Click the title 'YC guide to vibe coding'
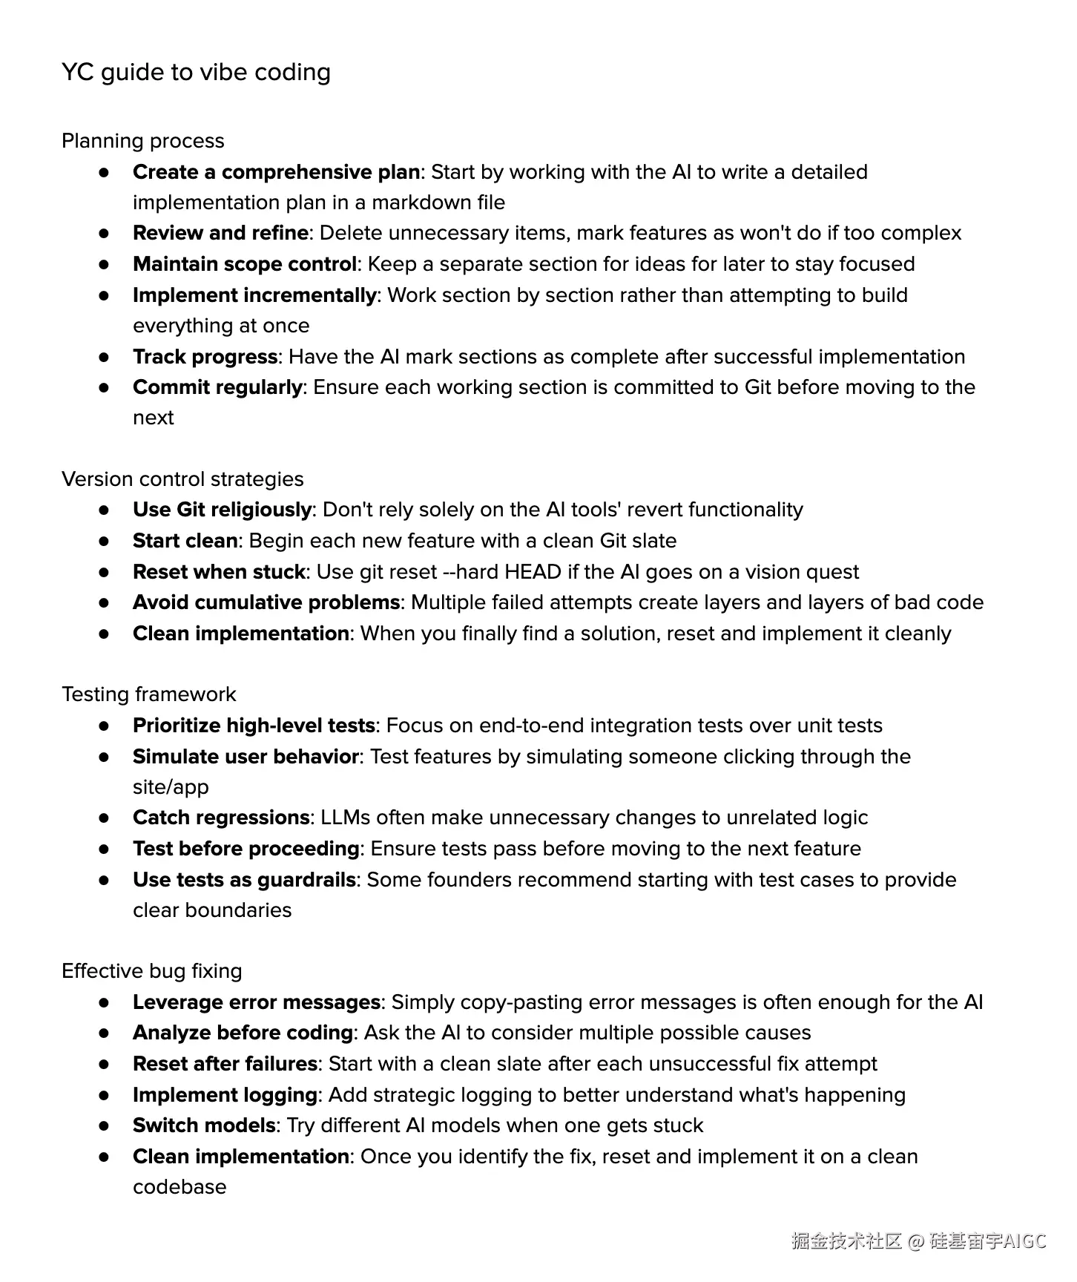coord(196,73)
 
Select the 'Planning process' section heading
coord(142,141)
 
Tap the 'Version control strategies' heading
coord(182,479)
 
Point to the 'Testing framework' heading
coord(148,694)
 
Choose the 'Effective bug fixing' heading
coord(151,971)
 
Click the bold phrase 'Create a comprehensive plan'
coord(276,172)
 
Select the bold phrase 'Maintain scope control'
coord(245,264)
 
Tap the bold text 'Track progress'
coord(205,357)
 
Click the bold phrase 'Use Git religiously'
coord(222,510)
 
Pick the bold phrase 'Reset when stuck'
coord(219,572)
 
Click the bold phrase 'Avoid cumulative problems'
coord(266,602)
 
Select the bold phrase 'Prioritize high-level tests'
coord(254,726)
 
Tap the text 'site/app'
coord(171,787)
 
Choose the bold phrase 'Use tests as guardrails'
coord(244,880)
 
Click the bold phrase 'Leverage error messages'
coord(256,1002)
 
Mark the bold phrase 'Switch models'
coord(204,1125)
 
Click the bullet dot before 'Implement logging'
coord(104,1095)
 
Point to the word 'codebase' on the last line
coord(179,1187)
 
